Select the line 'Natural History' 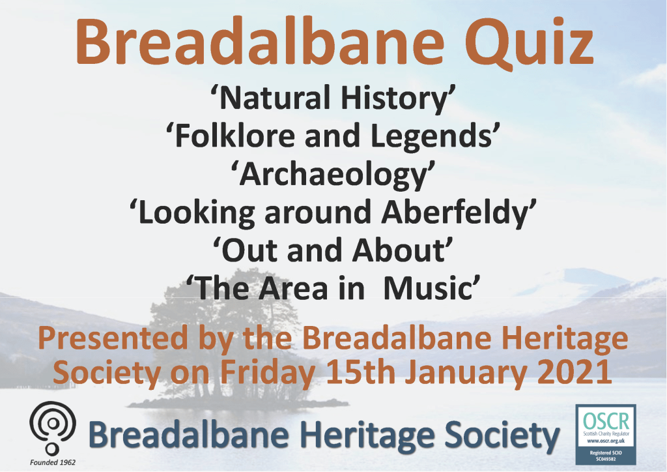pyautogui.click(x=333, y=98)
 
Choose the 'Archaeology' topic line pyautogui.click(x=333, y=175)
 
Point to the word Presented pyautogui.click(x=113, y=338)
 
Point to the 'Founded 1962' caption pyautogui.click(x=53, y=462)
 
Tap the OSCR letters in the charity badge pyautogui.click(x=606, y=421)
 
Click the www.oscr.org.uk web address pyautogui.click(x=606, y=441)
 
